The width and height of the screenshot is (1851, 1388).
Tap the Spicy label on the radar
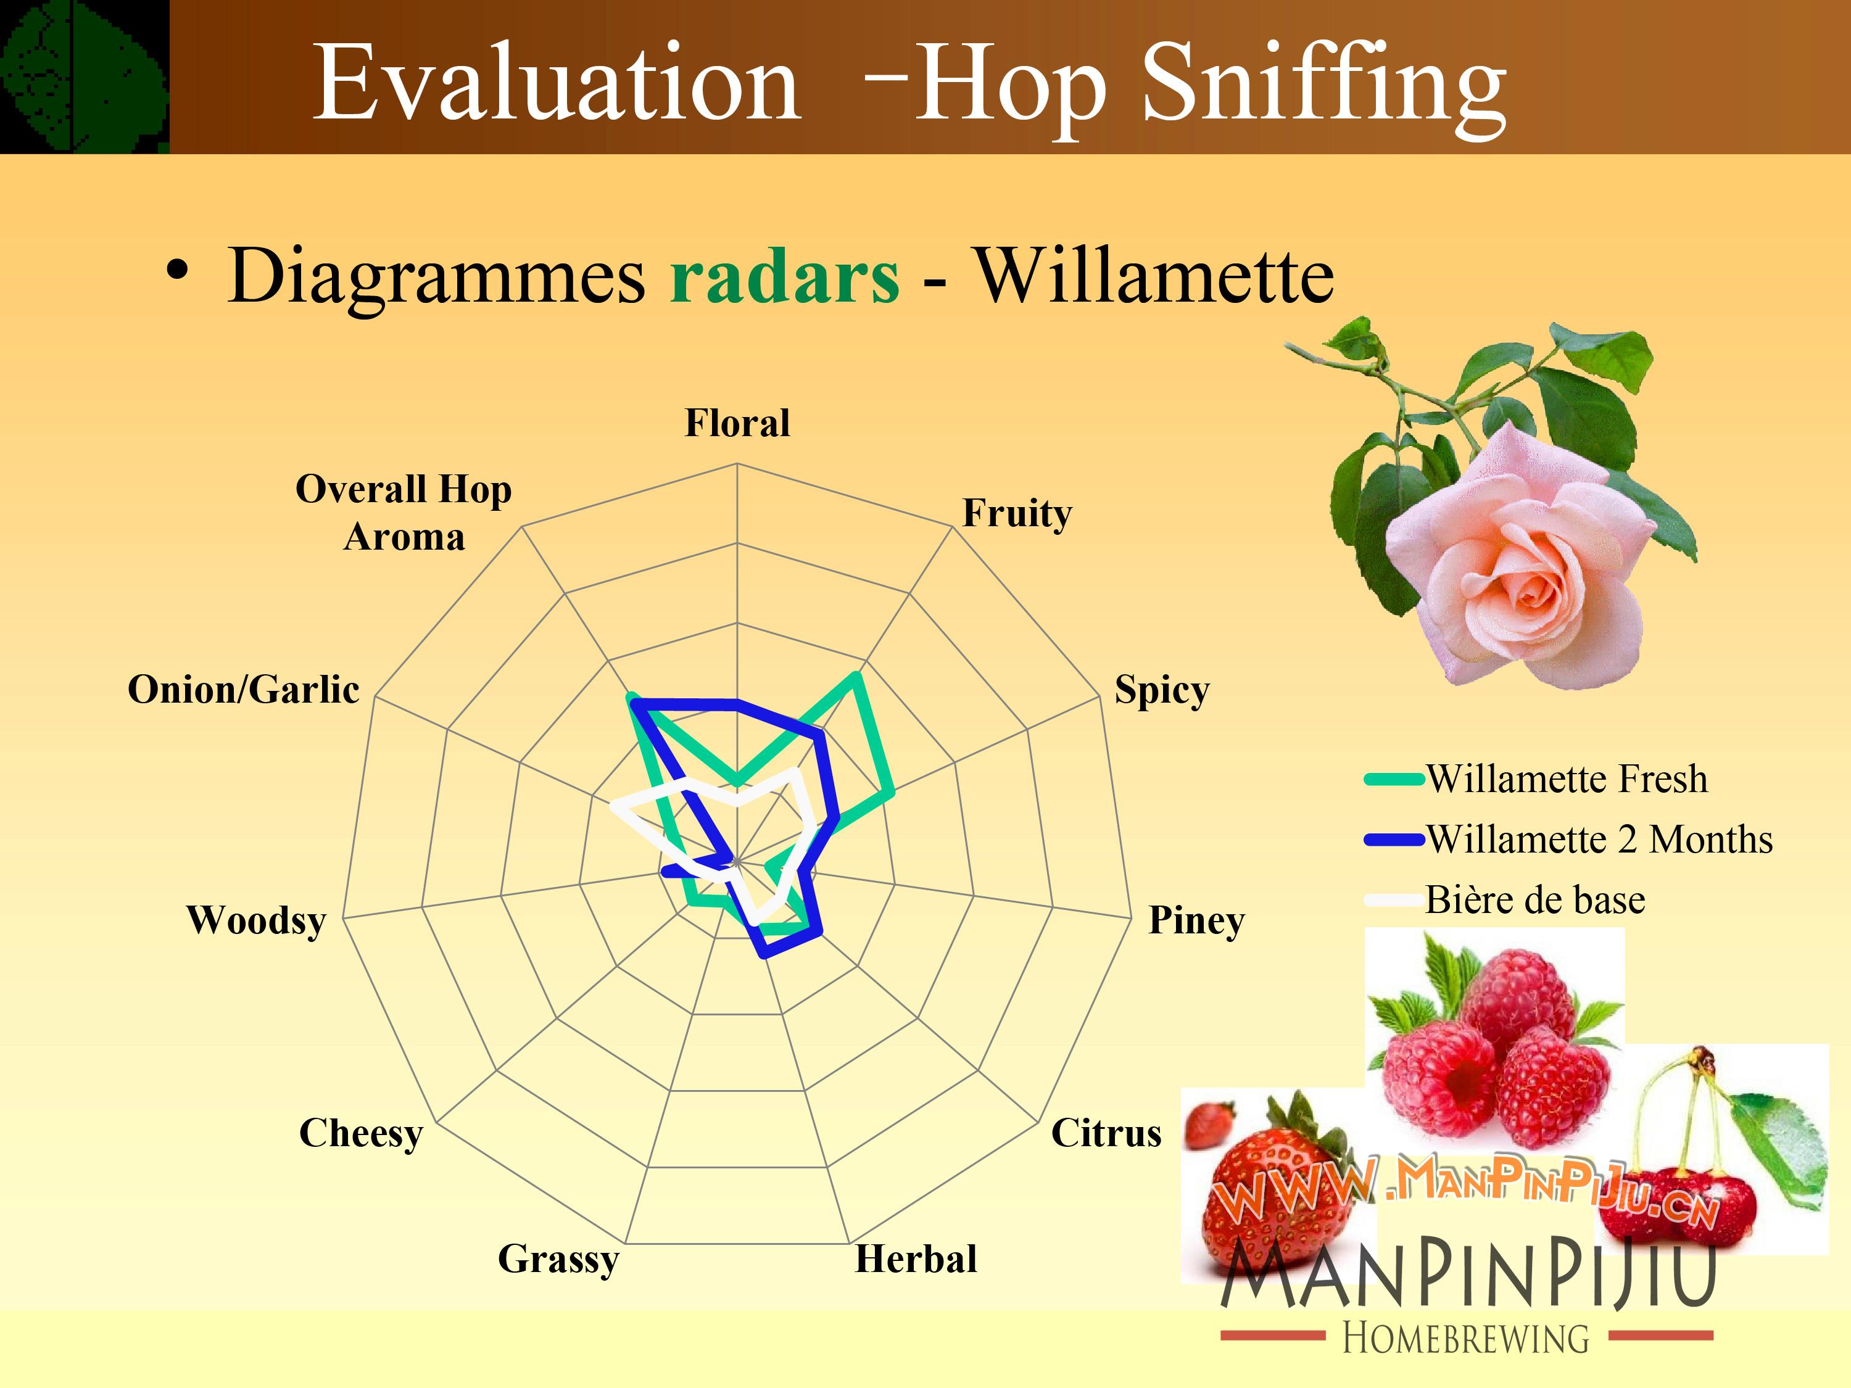(1161, 691)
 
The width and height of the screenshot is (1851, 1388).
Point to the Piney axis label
(1196, 920)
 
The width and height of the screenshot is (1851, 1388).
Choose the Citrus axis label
(1106, 1134)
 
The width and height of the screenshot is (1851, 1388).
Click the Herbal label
(916, 1259)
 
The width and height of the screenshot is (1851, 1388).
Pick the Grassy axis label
(558, 1260)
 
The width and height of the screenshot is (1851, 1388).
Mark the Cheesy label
(361, 1134)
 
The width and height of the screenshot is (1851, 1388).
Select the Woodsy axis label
(256, 920)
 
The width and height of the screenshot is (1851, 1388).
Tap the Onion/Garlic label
(244, 690)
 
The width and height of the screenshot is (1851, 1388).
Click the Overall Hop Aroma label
(404, 513)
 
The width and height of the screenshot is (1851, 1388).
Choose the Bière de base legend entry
(1505, 900)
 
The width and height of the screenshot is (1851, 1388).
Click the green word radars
(784, 276)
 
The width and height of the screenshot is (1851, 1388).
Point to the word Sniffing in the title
(1324, 86)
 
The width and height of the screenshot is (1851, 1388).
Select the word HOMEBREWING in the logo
(1466, 1338)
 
